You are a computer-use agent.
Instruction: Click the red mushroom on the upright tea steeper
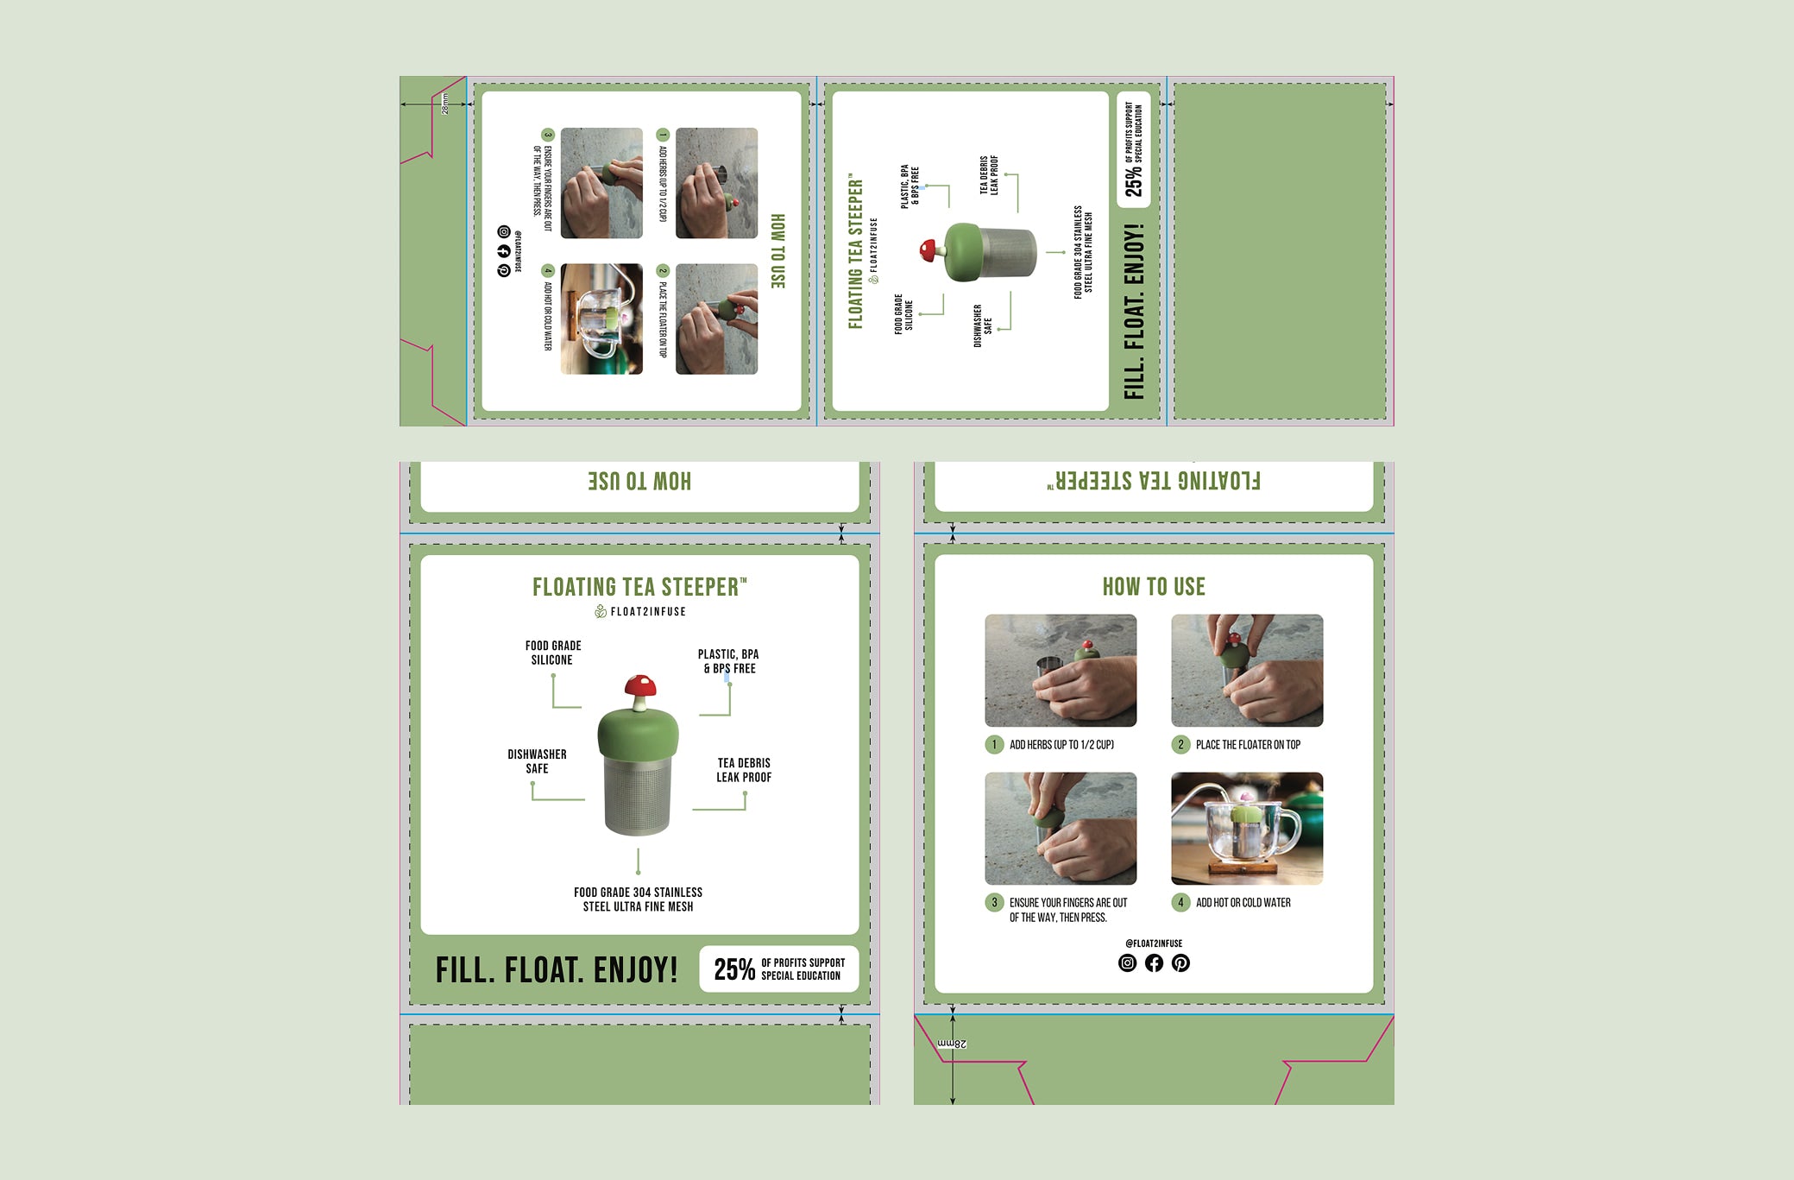(639, 688)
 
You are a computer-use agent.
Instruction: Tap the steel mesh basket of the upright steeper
(639, 796)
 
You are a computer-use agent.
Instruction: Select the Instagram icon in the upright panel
(1127, 963)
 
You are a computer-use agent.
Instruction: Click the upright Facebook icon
(1154, 963)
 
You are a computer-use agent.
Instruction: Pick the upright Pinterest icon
(1180, 963)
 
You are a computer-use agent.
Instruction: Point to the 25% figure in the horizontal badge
(733, 969)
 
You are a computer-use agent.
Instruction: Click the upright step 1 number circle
(994, 745)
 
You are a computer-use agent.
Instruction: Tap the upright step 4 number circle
(1180, 903)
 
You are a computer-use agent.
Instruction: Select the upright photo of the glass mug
(1247, 829)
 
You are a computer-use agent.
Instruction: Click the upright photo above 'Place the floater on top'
(1247, 671)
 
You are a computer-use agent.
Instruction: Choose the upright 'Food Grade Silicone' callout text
(552, 653)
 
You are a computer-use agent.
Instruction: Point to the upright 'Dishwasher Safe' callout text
(537, 761)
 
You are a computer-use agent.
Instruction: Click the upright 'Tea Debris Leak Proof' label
(744, 770)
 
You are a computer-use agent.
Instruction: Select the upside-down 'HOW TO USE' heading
(639, 482)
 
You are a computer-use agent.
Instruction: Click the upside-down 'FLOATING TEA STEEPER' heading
(1154, 482)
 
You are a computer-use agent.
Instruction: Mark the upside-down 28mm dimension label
(952, 1044)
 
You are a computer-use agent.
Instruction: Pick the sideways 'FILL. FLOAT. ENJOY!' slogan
(1134, 311)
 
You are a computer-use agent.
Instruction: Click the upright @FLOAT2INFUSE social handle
(1154, 943)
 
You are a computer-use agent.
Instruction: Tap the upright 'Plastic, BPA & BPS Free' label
(728, 661)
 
